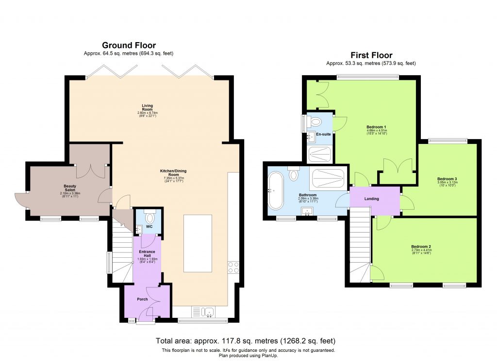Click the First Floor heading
371,55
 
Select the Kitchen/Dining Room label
174,173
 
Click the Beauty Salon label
70,188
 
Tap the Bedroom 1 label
373,127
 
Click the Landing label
371,199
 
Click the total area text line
245,340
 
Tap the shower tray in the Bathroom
329,179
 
